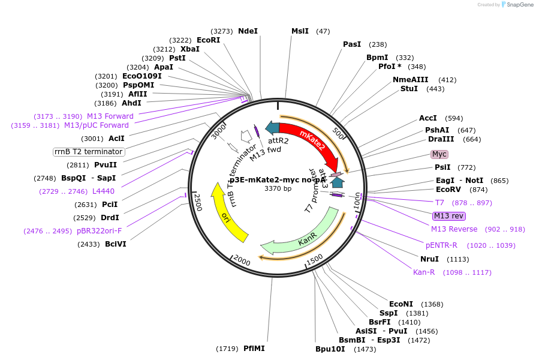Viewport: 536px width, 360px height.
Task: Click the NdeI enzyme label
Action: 248,31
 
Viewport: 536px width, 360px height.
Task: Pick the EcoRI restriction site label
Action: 209,40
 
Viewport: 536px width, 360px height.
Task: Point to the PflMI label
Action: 254,348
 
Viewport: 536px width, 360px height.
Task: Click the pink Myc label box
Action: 439,154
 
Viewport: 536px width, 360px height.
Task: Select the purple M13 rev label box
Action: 449,216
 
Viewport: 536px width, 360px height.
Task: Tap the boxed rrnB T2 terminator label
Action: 89,152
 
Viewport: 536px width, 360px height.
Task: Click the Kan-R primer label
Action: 424,272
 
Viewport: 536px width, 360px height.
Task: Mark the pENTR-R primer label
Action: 441,245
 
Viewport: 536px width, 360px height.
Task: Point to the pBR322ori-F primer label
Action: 99,230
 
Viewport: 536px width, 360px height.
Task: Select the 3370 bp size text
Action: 278,188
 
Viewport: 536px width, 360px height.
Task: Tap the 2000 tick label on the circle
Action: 242,260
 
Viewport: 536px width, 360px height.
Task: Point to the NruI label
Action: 429,259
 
